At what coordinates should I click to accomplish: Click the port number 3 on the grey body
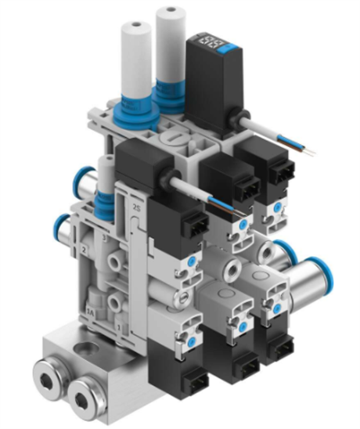point(104,234)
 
